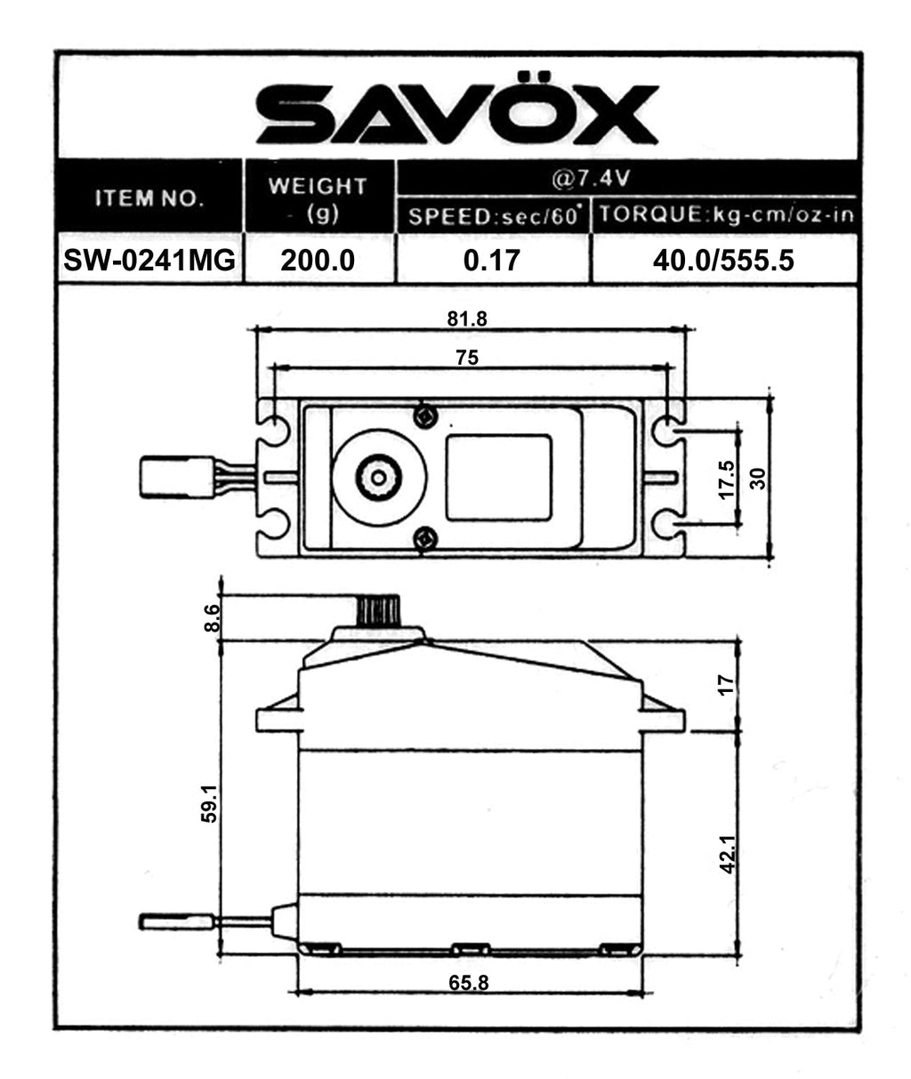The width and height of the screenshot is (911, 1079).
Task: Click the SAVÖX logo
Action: [456, 109]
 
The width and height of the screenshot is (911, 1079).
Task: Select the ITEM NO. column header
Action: [149, 197]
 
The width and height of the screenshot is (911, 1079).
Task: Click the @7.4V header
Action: [591, 179]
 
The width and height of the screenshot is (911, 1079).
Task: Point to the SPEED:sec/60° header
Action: [493, 215]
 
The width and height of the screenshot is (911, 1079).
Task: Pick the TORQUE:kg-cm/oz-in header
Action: [726, 214]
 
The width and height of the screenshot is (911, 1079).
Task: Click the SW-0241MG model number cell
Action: [149, 260]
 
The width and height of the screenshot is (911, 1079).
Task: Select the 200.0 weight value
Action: [318, 261]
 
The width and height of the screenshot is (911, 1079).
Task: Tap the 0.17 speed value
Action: [491, 261]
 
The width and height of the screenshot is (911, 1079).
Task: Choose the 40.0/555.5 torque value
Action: [723, 261]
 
